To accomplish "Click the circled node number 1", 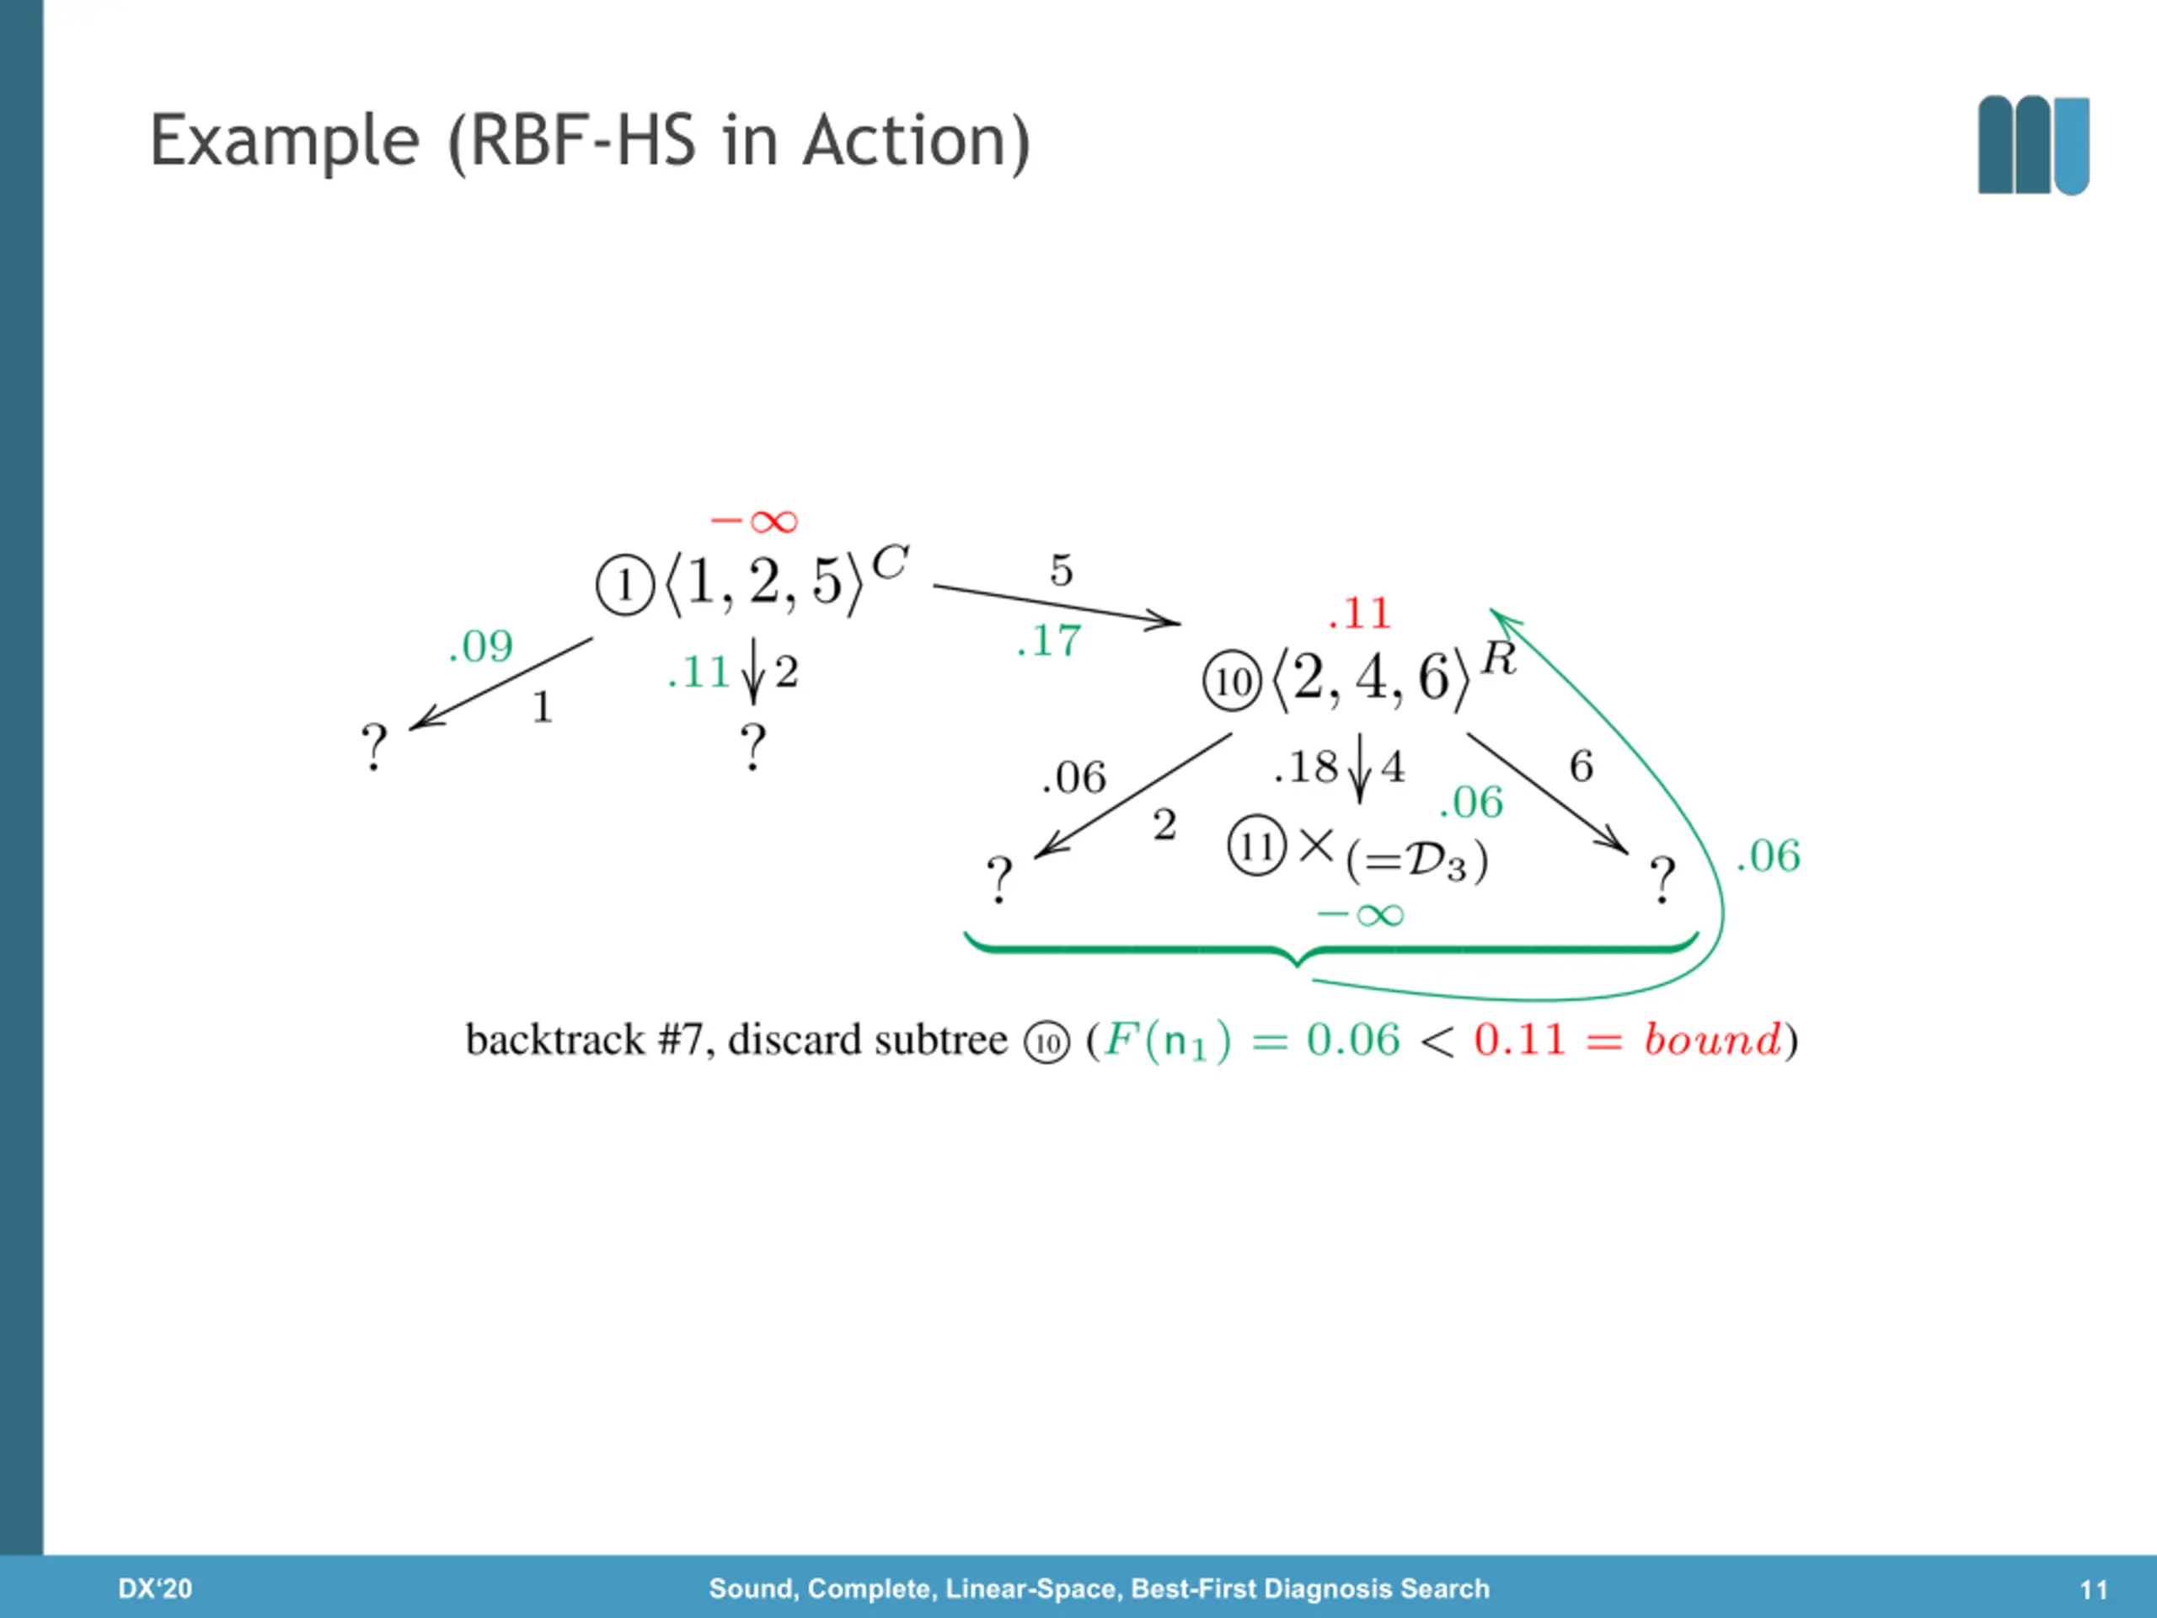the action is [x=624, y=585].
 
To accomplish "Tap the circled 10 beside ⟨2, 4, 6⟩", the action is [x=1233, y=682].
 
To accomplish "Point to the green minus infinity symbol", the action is [x=1360, y=915].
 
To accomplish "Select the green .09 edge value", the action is [x=481, y=646].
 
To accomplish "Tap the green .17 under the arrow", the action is [x=1049, y=640].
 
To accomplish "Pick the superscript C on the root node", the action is [x=889, y=563].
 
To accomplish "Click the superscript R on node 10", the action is [x=1499, y=658].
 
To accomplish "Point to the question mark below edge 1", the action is [x=374, y=747].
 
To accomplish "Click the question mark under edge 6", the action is [x=1662, y=880].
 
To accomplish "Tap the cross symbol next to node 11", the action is [x=1316, y=844].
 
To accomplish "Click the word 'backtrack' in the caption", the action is [x=555, y=1040].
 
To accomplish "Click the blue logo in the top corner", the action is [x=2033, y=145].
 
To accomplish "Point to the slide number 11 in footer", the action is [x=2094, y=1589].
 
